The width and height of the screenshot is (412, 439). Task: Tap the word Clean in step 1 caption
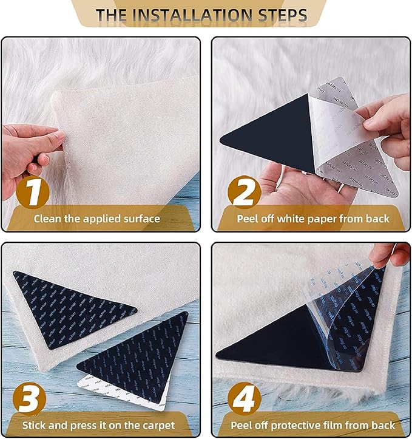47,218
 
